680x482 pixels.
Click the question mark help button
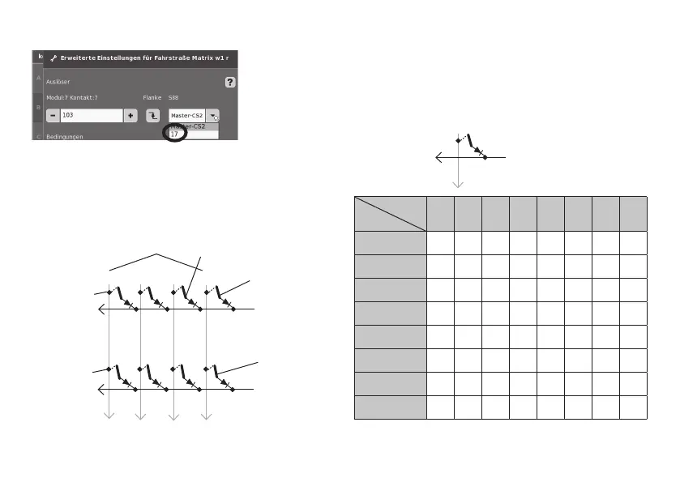coord(230,83)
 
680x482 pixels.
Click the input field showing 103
coord(91,116)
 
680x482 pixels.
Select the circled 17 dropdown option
coord(175,134)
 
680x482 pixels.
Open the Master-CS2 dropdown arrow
coord(212,116)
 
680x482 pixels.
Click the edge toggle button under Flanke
coord(152,116)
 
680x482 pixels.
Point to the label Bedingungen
coord(66,137)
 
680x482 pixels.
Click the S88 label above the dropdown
coord(174,98)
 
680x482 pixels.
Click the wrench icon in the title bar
coord(54,58)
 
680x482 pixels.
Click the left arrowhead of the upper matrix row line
coord(100,309)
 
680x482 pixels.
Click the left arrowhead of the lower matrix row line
coord(100,390)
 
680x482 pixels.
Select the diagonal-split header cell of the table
coord(390,213)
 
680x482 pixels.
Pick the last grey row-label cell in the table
coord(390,407)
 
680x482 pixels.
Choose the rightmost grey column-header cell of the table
coord(633,213)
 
